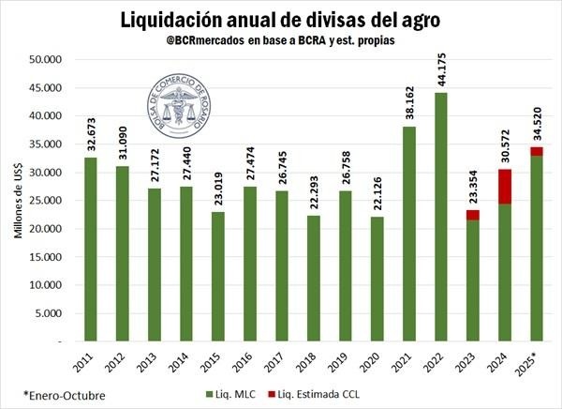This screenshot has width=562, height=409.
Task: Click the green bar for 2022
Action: coord(441,216)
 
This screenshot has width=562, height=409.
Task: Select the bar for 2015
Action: coord(218,276)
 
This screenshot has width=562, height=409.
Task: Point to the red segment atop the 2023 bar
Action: coord(472,215)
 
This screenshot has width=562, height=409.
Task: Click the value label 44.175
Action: coord(441,68)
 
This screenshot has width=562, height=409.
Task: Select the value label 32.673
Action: coord(91,133)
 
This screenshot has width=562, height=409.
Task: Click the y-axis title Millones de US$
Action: coord(18,198)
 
